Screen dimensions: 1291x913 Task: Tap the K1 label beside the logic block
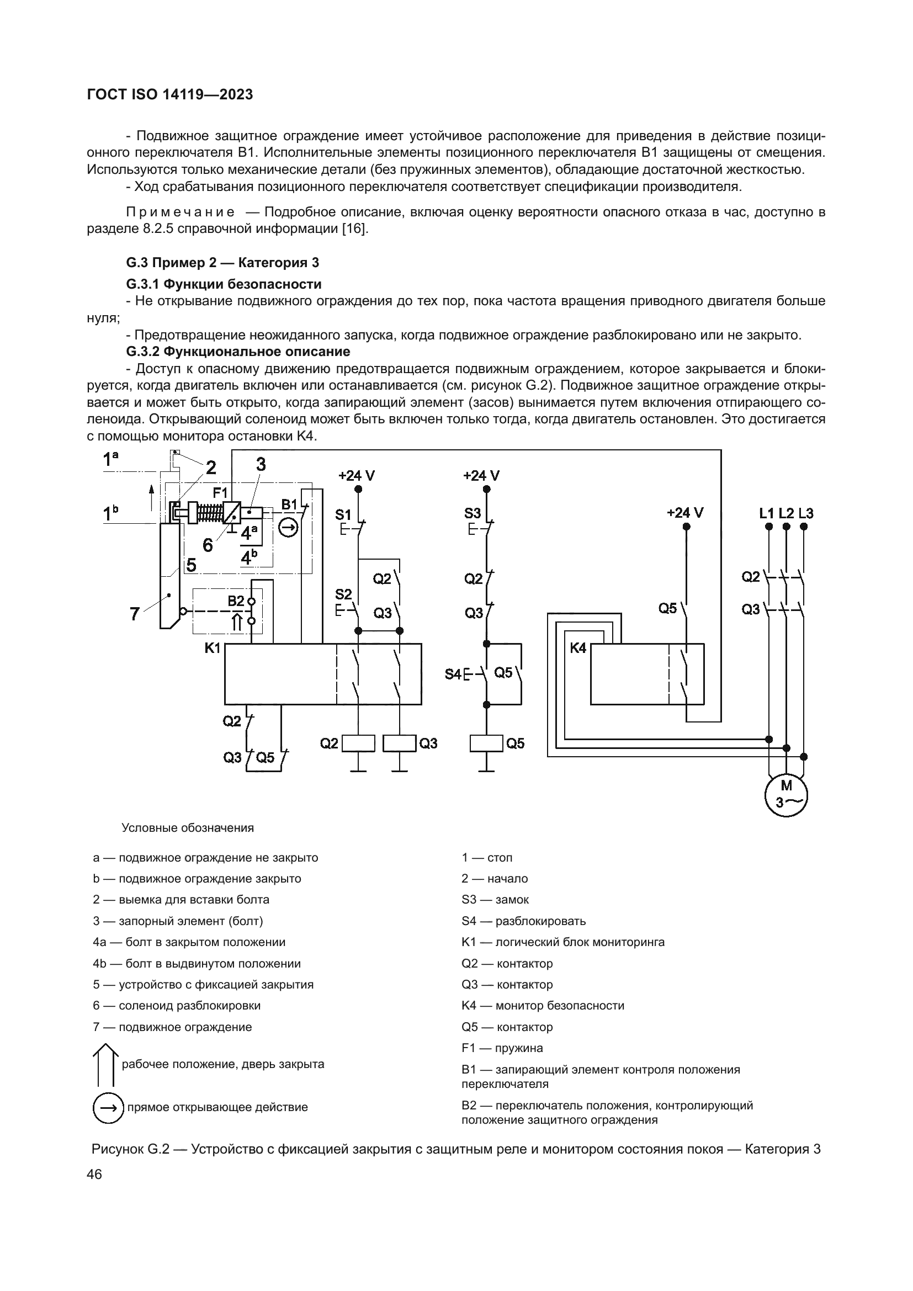click(213, 648)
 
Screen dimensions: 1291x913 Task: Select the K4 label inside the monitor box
click(578, 649)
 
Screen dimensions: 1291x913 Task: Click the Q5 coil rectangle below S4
click(486, 743)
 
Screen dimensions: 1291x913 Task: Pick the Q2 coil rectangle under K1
click(358, 743)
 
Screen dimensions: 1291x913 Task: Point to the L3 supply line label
click(805, 513)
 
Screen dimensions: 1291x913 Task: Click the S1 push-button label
click(343, 514)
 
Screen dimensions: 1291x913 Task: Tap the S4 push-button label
click(453, 673)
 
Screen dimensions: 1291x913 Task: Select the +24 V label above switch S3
click(481, 476)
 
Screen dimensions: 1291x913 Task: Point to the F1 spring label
click(220, 493)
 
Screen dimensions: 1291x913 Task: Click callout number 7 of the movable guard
click(134, 614)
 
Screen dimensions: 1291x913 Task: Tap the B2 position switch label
click(236, 601)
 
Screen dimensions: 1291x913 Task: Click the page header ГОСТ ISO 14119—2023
click(171, 94)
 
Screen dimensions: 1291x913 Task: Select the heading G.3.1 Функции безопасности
click(224, 284)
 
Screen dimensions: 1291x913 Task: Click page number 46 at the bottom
click(94, 1175)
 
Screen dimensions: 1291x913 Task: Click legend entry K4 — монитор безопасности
click(543, 1005)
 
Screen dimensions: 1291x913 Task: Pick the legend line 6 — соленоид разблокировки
click(177, 1005)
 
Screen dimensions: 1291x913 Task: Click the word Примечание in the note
click(181, 212)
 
